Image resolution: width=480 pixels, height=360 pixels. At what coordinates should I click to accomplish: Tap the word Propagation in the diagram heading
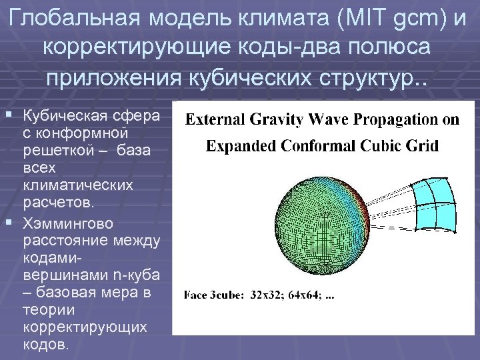(391, 120)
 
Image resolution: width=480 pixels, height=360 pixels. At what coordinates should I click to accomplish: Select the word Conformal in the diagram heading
(304, 145)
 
